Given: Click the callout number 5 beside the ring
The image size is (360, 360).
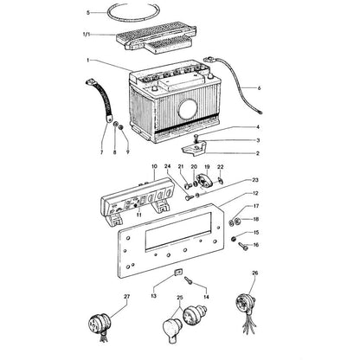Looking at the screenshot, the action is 88,12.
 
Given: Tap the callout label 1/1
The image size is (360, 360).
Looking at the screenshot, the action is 87,35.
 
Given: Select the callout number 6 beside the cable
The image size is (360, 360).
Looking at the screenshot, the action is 259,87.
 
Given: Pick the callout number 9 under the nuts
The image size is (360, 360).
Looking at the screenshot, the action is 127,152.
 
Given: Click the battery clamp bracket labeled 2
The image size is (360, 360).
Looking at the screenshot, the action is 193,148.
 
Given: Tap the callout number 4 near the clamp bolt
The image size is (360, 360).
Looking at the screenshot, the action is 258,127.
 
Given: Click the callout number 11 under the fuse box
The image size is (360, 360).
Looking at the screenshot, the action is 139,215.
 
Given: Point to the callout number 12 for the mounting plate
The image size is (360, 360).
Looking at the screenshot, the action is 255,193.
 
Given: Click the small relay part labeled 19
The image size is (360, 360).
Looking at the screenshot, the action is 206,180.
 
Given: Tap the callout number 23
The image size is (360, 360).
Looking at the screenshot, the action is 255,180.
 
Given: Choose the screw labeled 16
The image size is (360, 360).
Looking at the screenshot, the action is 243,247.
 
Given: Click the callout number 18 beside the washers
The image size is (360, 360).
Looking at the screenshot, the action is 256,219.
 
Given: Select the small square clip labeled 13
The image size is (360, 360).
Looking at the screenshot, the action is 178,272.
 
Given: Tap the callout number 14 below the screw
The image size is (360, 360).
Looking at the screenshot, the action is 206,297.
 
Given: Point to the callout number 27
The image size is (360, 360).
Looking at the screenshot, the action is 127,296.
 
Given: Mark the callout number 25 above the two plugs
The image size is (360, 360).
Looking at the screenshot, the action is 180,298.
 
